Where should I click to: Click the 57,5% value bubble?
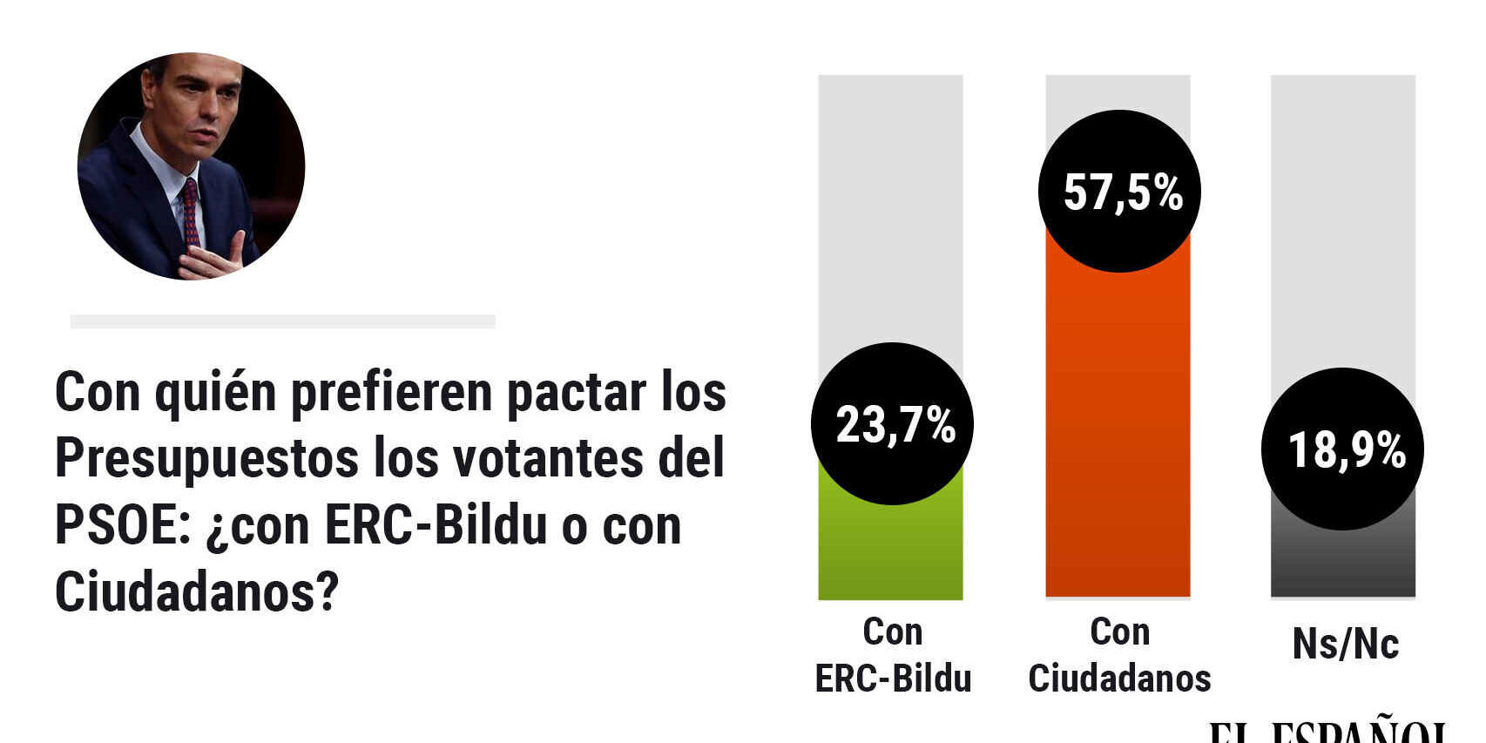click(x=1119, y=191)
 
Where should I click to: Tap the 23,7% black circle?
click(x=892, y=423)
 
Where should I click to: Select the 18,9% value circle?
click(x=1342, y=449)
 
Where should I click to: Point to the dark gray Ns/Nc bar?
click(x=1342, y=562)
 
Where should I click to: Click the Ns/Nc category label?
click(x=1345, y=645)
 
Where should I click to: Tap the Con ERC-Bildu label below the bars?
click(x=893, y=655)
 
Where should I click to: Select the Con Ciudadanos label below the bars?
click(x=1119, y=655)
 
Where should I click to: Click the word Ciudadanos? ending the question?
click(x=196, y=592)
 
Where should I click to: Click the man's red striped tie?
click(x=190, y=213)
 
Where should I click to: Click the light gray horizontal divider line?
click(x=282, y=321)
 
